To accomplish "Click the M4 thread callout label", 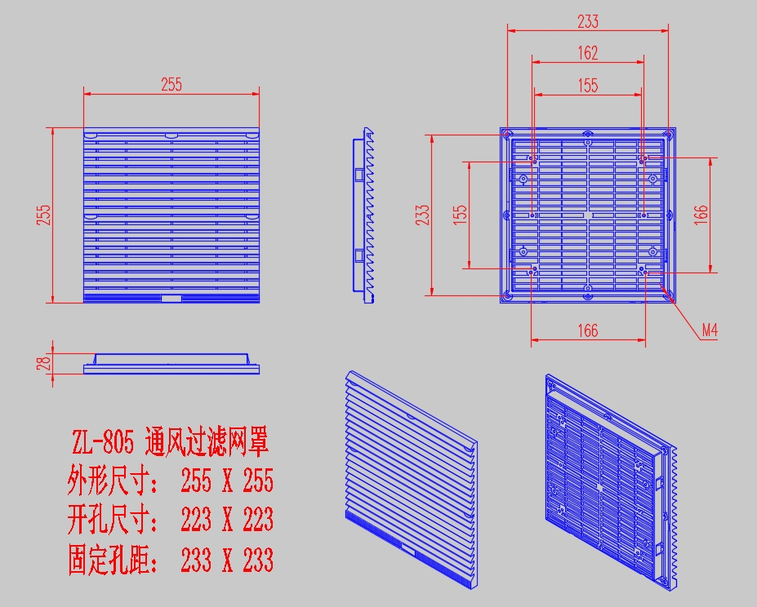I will (x=710, y=330).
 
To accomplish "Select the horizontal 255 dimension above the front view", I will (x=171, y=83).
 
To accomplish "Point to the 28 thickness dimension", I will (x=44, y=361).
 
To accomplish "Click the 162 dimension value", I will (x=587, y=53).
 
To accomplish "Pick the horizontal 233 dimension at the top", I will (x=587, y=21).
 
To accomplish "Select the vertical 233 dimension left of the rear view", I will (x=421, y=214).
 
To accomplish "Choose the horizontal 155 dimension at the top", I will (x=587, y=85).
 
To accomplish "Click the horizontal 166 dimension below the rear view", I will (x=587, y=330).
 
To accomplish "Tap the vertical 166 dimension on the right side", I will (x=701, y=215).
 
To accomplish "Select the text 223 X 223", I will (x=226, y=520).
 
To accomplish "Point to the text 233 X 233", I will (x=226, y=560).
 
